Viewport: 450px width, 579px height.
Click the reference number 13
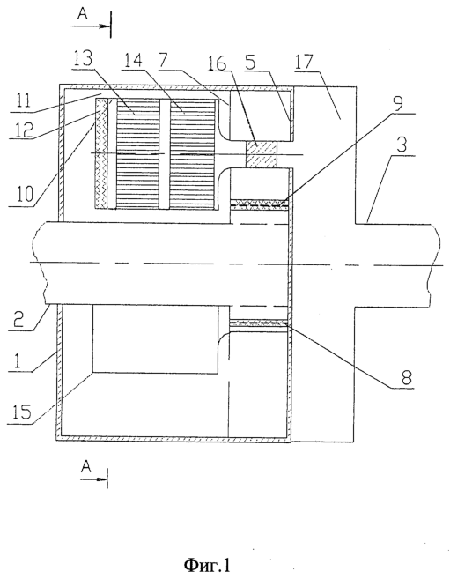pyautogui.click(x=82, y=59)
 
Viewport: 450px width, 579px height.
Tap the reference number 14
pyautogui.click(x=133, y=59)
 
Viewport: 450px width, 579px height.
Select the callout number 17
pyautogui.click(x=304, y=62)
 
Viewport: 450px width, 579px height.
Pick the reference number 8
pyautogui.click(x=405, y=377)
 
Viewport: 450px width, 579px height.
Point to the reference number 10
pyautogui.click(x=25, y=194)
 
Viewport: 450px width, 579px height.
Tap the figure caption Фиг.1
pyautogui.click(x=207, y=565)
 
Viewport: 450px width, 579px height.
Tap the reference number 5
pyautogui.click(x=250, y=62)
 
